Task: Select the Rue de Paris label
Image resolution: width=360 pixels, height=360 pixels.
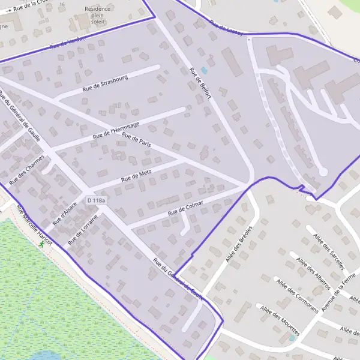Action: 136,142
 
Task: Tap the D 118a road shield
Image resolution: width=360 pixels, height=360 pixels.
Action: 96,200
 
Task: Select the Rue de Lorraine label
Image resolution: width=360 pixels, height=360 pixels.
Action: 83,229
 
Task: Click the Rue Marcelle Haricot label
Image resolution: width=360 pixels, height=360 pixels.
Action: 34,226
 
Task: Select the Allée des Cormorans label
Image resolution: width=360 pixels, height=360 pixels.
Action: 296,294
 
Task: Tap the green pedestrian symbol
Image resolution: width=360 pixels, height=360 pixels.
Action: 41,244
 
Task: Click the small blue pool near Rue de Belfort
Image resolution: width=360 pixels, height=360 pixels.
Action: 204,71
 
